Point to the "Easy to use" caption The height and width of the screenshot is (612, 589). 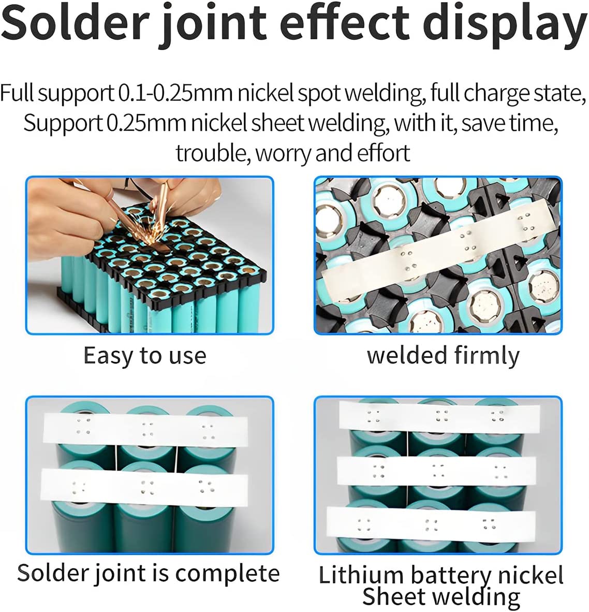point(145,356)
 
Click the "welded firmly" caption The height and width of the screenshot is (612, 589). point(443,355)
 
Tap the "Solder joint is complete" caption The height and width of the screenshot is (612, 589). point(148,574)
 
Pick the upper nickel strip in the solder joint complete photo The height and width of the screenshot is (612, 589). point(145,429)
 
